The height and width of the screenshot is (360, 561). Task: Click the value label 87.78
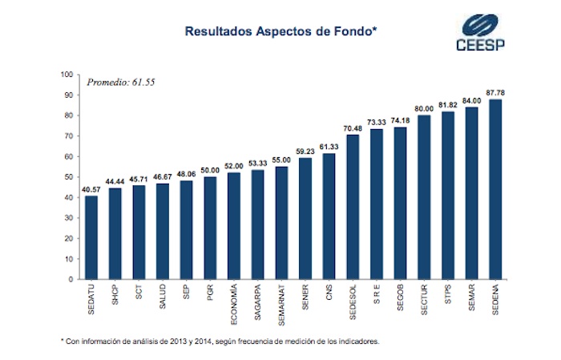(x=495, y=92)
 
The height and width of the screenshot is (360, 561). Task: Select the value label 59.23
(x=305, y=151)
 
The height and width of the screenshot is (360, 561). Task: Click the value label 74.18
(x=400, y=120)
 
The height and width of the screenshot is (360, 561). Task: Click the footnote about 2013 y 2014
(x=220, y=341)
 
